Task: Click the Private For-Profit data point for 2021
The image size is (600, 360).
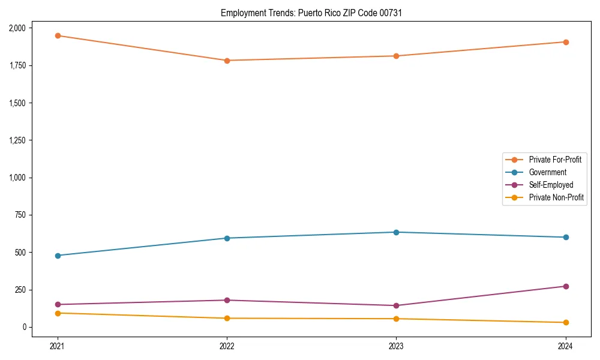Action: (x=58, y=35)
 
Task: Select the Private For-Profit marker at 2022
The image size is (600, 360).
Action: (x=227, y=61)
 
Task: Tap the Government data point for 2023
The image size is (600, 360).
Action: (x=396, y=232)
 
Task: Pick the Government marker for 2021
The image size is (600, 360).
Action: (x=58, y=256)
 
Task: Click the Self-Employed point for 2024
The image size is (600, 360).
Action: (x=565, y=286)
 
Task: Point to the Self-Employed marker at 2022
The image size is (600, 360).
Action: (x=227, y=300)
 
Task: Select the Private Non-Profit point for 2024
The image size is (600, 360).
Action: (x=565, y=323)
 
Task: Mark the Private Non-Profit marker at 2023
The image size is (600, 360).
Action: (x=396, y=319)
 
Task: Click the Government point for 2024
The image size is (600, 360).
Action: (x=565, y=237)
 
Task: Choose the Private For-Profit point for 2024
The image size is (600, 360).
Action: (x=565, y=42)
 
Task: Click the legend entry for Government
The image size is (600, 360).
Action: (x=547, y=172)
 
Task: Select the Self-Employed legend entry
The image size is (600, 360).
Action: (x=551, y=185)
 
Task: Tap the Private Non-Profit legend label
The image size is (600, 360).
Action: (x=556, y=197)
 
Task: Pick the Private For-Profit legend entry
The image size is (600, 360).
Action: (x=555, y=160)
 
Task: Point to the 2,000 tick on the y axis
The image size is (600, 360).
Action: (x=17, y=28)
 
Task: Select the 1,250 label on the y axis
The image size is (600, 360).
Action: (x=17, y=140)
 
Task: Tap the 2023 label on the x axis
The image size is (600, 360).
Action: (x=396, y=346)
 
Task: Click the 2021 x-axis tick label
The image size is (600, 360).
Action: (x=58, y=346)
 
